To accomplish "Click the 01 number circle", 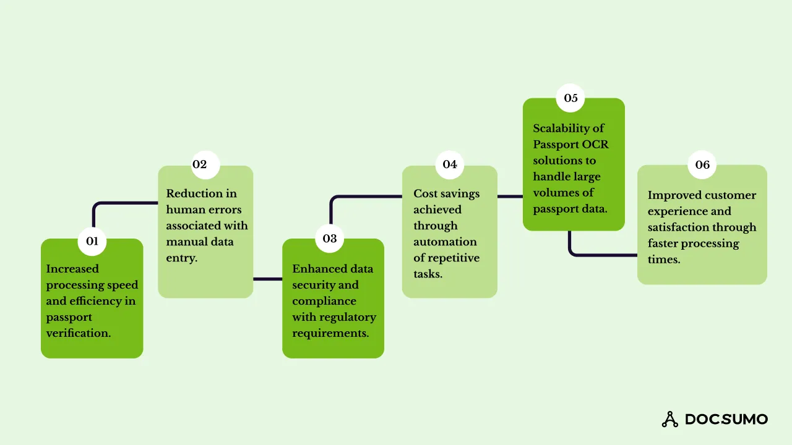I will [92, 241].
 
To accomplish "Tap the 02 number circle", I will [200, 164].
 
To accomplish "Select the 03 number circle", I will [330, 239].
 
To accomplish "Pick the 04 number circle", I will [450, 164].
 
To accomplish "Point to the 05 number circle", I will [570, 98].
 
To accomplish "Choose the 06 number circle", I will [702, 164].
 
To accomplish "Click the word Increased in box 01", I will [72, 269].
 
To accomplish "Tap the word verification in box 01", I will [78, 333].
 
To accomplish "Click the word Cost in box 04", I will [425, 193].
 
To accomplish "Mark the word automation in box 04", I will [445, 242].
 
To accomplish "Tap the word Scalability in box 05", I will [560, 129].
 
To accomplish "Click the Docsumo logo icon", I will [670, 419].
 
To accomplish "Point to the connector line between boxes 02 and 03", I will [267, 279].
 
